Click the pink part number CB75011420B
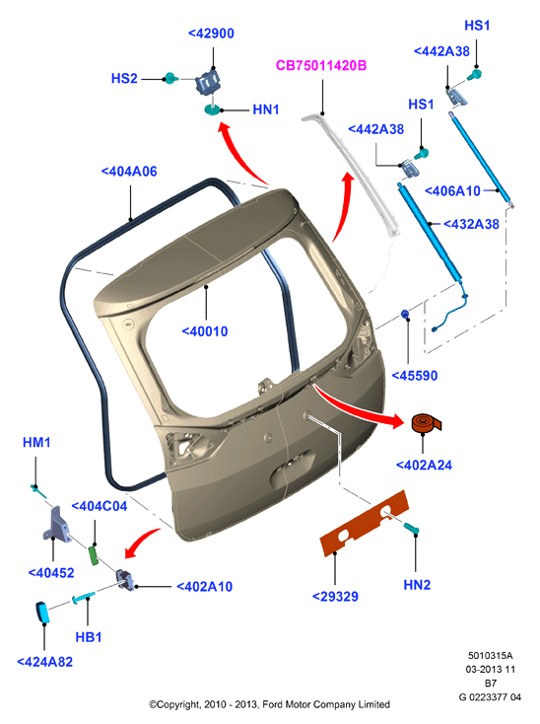[x=321, y=65]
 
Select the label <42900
[x=211, y=34]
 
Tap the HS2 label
[x=124, y=79]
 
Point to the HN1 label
[x=266, y=109]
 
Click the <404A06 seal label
[x=129, y=172]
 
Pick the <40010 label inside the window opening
[x=205, y=331]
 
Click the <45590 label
[x=415, y=376]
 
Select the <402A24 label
[x=425, y=465]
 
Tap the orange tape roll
[x=425, y=423]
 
